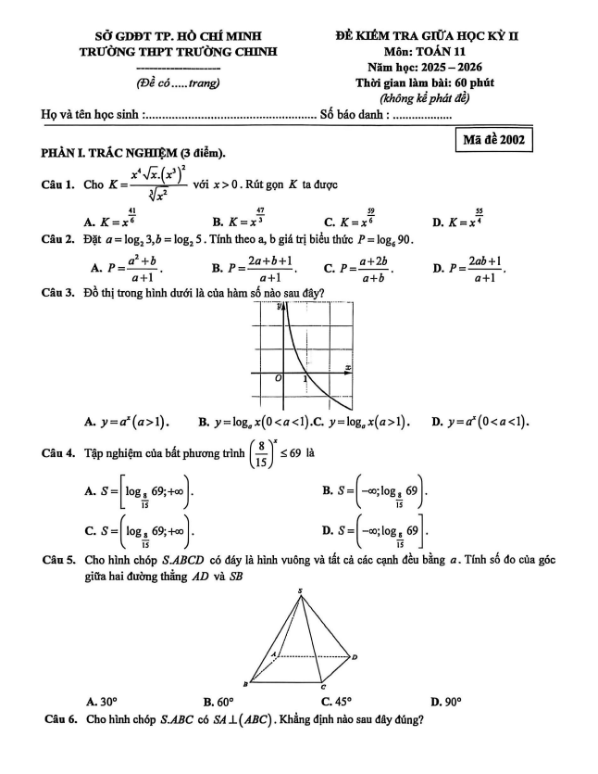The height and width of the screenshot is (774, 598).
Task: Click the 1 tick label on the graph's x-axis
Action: coord(305,380)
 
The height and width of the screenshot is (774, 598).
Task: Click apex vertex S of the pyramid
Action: coord(300,589)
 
